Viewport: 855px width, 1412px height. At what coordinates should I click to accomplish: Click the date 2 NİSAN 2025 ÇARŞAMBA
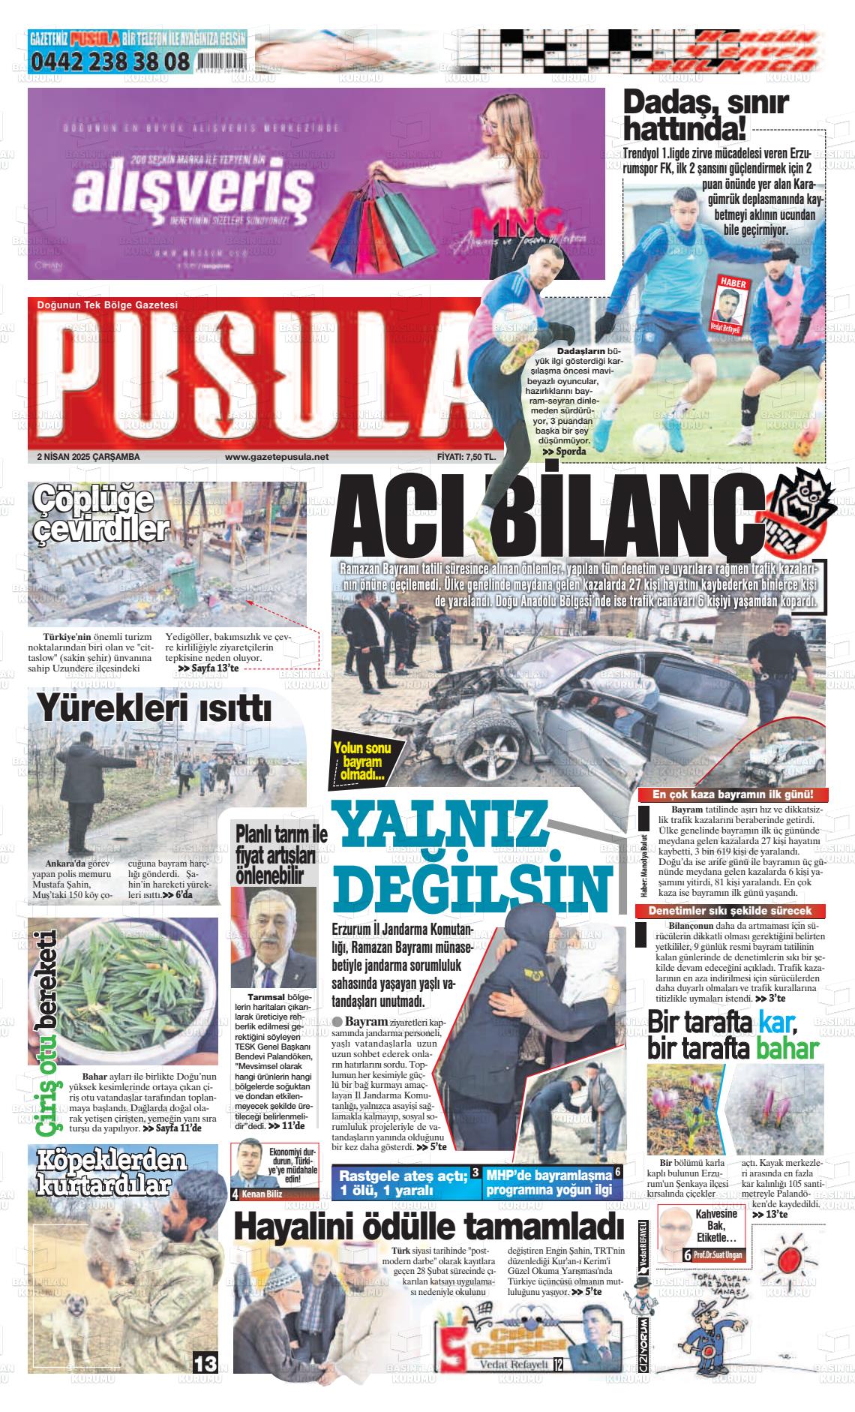point(88,456)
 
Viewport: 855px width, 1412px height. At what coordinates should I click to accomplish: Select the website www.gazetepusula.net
point(277,456)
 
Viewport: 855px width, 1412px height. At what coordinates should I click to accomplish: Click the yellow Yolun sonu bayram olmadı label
point(364,760)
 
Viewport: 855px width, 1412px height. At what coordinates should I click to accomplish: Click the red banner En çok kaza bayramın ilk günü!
point(732,795)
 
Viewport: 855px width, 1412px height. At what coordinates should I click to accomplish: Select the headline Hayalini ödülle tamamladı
point(428,1227)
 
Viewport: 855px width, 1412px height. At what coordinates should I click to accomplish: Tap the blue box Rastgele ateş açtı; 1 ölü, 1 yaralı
point(402,1183)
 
